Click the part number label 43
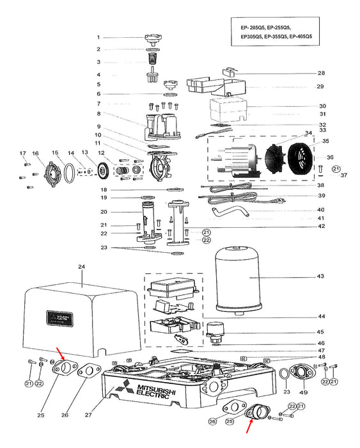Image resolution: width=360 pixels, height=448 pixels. pos(321,276)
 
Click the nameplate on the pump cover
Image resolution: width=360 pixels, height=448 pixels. pos(59,318)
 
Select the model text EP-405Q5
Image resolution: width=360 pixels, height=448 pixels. pos(301,37)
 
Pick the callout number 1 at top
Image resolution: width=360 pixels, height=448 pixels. pos(98,37)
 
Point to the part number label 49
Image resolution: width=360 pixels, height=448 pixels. pos(304,392)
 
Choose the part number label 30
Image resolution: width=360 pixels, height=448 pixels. pos(321,106)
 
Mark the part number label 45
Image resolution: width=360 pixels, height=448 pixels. pos(321,332)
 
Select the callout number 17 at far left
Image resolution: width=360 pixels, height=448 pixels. pos(22,153)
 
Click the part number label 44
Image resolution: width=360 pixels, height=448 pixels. pos(321,317)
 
